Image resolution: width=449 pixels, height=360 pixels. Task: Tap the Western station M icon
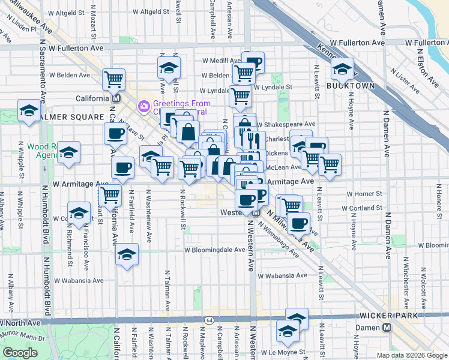(x=256, y=212)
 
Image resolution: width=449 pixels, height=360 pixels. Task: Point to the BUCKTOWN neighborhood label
(x=351, y=86)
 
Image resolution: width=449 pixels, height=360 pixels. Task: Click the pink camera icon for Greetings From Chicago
(x=143, y=106)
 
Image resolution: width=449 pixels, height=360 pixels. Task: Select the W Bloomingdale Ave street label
(x=214, y=250)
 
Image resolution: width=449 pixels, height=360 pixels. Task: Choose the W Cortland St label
(x=362, y=208)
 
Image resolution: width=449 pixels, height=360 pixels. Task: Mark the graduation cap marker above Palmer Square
(x=28, y=110)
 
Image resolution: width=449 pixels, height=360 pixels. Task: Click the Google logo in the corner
(x=20, y=353)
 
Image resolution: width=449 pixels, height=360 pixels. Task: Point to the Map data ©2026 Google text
(x=412, y=355)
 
